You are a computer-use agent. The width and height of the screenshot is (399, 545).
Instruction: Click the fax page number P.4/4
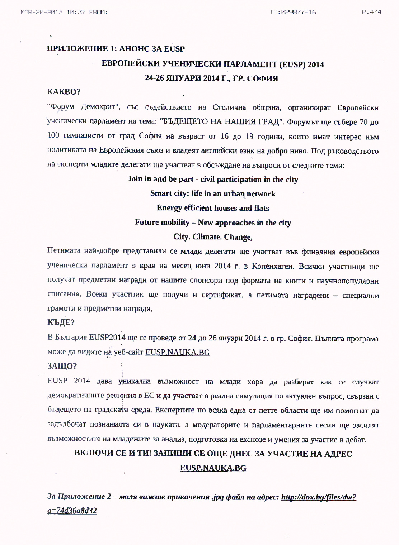click(371, 12)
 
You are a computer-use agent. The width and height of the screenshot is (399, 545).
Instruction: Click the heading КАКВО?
click(64, 92)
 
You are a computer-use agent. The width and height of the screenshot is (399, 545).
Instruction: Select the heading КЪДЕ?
click(61, 322)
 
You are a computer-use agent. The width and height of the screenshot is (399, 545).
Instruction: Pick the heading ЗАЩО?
click(62, 366)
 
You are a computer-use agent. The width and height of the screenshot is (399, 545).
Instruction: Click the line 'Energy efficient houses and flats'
click(213, 208)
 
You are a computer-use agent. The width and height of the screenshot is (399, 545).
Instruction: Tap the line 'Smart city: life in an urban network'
click(213, 194)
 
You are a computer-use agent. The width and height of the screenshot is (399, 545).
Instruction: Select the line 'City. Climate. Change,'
click(213, 237)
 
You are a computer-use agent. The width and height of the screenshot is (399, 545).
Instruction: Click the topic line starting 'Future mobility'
click(213, 223)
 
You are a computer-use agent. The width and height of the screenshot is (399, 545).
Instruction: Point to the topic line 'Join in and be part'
click(213, 179)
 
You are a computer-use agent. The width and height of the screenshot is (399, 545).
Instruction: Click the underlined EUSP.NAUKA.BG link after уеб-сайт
click(177, 352)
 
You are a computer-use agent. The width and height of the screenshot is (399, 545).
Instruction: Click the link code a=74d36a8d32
click(72, 510)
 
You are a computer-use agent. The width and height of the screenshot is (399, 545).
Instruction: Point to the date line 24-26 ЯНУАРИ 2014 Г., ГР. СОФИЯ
click(211, 78)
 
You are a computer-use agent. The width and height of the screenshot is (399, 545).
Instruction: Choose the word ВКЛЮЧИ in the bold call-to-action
click(92, 454)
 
